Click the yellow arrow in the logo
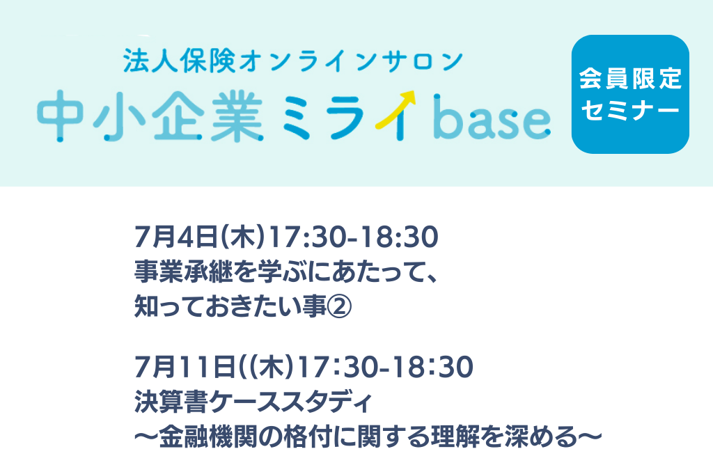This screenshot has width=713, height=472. click(x=395, y=109)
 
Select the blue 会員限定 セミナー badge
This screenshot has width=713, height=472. click(x=630, y=94)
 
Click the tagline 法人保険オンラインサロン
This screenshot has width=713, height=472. click(x=293, y=61)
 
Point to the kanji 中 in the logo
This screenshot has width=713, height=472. click(x=60, y=116)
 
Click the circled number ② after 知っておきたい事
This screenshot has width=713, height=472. click(x=339, y=307)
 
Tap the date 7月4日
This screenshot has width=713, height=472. click(x=175, y=237)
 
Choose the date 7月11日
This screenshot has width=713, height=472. click(x=185, y=367)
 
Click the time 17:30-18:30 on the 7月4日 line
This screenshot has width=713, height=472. click(x=353, y=237)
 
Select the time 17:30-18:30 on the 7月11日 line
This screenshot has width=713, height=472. click(x=386, y=367)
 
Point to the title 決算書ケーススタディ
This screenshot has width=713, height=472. click(x=253, y=402)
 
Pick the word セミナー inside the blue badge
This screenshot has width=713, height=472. click(x=630, y=111)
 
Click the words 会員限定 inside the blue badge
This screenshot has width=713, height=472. click(x=630, y=79)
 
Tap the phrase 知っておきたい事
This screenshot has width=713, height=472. click(x=230, y=307)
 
